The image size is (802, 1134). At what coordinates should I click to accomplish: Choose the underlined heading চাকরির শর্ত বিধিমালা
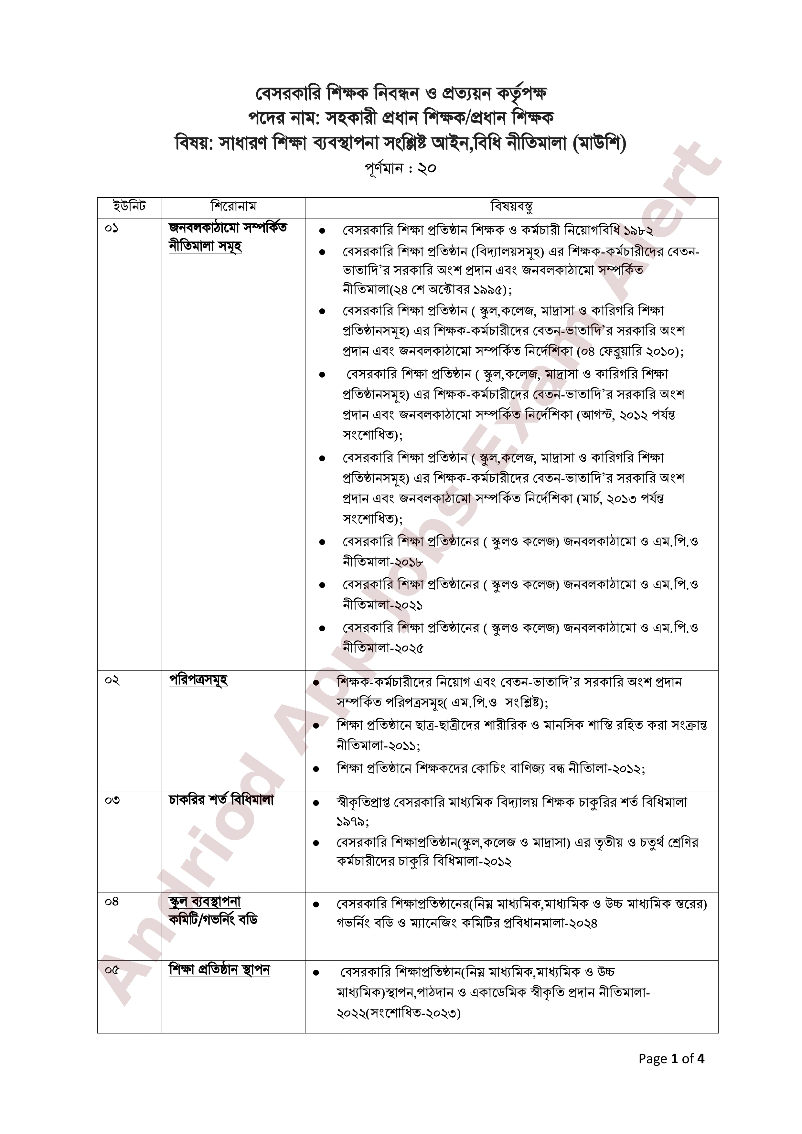pos(221,800)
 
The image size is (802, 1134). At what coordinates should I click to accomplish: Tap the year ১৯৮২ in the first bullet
pos(638,231)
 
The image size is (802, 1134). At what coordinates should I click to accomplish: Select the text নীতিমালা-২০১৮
pos(383,562)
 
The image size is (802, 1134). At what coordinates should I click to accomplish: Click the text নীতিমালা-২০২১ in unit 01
pos(383,605)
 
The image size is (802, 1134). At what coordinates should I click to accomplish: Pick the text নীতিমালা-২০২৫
pos(383,648)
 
